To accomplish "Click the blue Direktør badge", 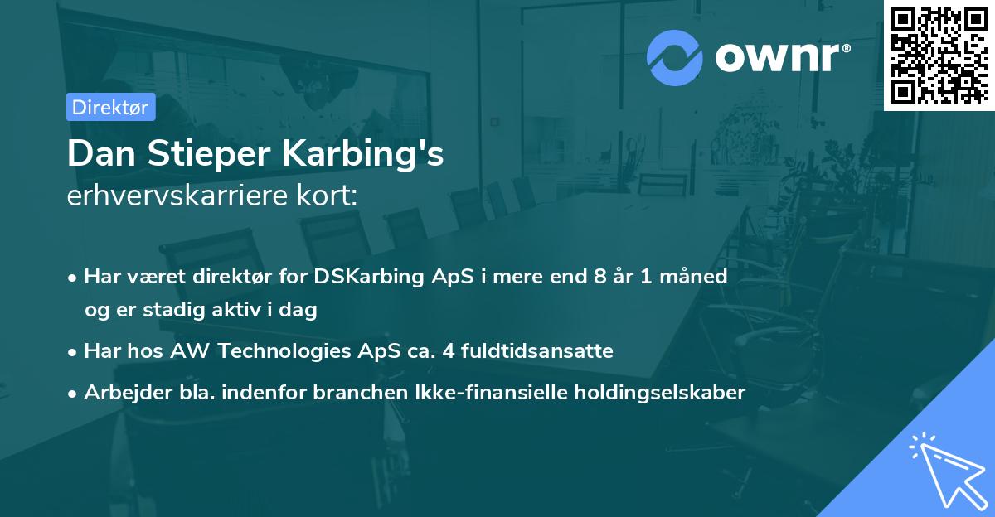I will click(x=110, y=107).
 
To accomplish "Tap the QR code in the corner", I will click(x=939, y=55).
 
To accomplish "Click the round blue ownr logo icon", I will click(x=675, y=58).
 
